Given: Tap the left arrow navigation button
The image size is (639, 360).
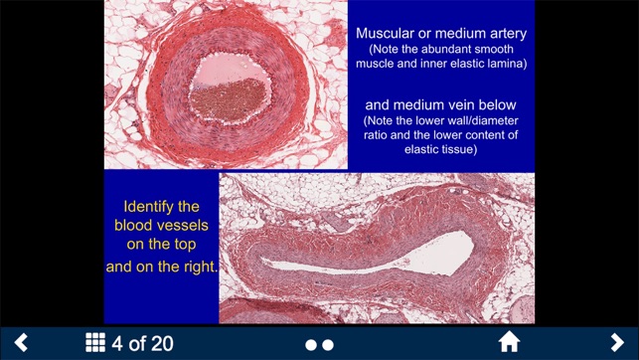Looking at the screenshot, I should [21, 343].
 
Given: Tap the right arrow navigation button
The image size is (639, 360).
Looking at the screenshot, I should [617, 343].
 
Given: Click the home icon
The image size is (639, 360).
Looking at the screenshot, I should [509, 343].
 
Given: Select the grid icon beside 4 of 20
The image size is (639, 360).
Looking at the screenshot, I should [95, 343].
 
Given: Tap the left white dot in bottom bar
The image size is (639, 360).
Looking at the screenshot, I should [311, 344].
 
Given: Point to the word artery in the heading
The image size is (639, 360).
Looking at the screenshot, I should [503, 33].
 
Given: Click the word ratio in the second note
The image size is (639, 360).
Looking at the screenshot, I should [377, 135].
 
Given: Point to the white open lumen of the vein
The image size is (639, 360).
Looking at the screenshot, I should [417, 250].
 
